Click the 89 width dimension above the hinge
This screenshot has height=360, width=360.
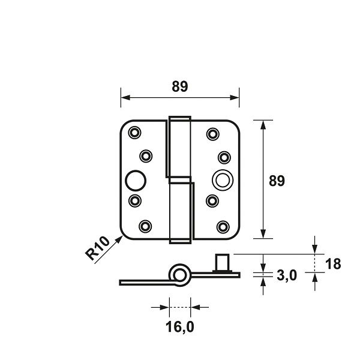pyautogui.click(x=180, y=86)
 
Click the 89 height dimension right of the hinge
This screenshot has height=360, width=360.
pyautogui.click(x=277, y=181)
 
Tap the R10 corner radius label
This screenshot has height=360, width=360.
pyautogui.click(x=97, y=248)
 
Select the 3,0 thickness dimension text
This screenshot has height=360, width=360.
pyautogui.click(x=287, y=275)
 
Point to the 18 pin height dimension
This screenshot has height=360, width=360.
pyautogui.click(x=333, y=264)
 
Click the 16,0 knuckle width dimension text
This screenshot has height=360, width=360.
pyautogui.click(x=180, y=327)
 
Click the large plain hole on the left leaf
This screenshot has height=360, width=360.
pyautogui.click(x=136, y=181)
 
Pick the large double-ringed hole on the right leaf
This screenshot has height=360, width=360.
pyautogui.click(x=223, y=180)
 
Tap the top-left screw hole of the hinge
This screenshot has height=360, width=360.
pyautogui.click(x=134, y=132)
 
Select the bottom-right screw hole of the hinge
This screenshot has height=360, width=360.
pyautogui.click(x=223, y=227)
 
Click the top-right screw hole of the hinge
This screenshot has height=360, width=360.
pyautogui.click(x=213, y=134)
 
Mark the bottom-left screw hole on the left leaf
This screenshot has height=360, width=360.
pyautogui.click(x=145, y=226)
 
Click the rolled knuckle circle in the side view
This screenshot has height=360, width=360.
pyautogui.click(x=180, y=275)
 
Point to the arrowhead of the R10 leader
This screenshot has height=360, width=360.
pyautogui.click(x=119, y=239)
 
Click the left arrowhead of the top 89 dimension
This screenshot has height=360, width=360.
pyautogui.click(x=125, y=98)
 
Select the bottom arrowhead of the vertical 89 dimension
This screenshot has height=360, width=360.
pyautogui.click(x=263, y=234)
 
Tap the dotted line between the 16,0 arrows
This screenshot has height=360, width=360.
pyautogui.click(x=180, y=307)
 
